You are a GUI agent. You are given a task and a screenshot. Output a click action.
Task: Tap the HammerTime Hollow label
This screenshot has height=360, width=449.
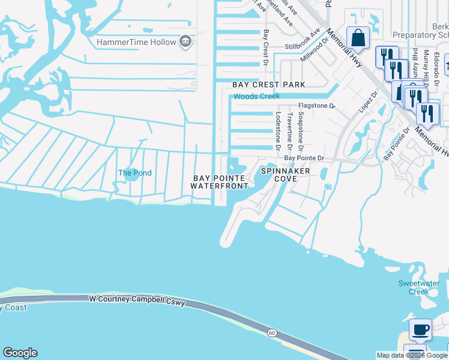point(137,42)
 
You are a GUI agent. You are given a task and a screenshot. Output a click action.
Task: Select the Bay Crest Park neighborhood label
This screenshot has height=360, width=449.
point(269,85)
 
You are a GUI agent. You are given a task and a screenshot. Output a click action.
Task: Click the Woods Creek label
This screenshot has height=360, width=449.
point(256,97)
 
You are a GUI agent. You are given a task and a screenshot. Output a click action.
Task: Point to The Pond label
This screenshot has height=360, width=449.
point(134,173)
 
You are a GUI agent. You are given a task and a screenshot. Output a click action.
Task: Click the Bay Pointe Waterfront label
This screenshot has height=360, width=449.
point(218,182)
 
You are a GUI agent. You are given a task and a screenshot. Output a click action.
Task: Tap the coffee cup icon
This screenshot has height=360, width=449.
point(420,329)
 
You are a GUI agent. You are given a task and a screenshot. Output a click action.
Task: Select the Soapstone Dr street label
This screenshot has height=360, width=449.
point(301,131)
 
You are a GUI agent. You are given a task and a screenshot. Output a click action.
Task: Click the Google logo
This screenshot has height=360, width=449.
point(20,353)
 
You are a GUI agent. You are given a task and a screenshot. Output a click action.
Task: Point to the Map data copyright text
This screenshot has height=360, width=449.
point(411,355)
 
